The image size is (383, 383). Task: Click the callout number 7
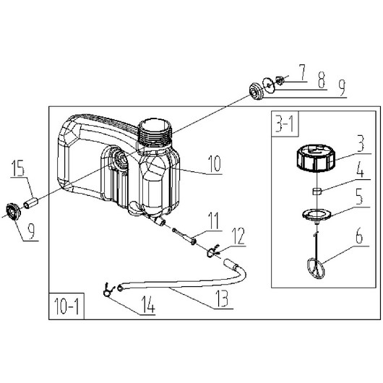(x=302, y=72)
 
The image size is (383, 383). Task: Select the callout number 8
(x=322, y=80)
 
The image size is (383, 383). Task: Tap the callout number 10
(x=215, y=163)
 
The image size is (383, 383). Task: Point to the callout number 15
(x=19, y=168)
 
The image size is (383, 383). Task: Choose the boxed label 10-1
(x=66, y=306)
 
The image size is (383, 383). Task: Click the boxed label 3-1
(x=285, y=124)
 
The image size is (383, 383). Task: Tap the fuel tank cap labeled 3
(x=316, y=158)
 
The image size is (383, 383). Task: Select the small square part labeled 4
(x=317, y=191)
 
